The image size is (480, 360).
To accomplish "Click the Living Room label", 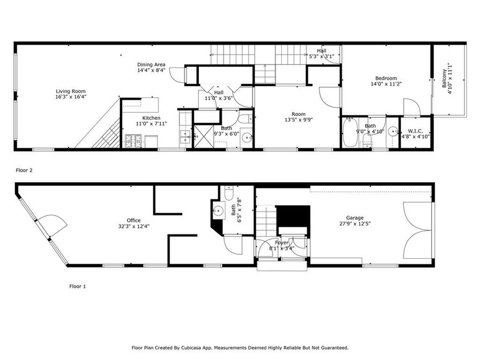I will [x=71, y=91].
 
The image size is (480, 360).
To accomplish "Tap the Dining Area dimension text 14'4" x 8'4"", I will [x=151, y=71].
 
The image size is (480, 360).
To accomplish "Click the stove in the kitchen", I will [x=133, y=139].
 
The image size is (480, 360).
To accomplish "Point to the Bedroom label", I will [x=386, y=78].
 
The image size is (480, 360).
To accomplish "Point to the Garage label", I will [x=355, y=218].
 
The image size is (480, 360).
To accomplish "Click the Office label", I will [x=134, y=221].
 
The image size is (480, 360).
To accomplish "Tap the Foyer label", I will [x=282, y=243].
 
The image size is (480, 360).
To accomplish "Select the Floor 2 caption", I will [x=23, y=170].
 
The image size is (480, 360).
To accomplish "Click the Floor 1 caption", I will [x=77, y=286].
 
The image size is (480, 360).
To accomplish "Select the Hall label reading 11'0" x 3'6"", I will [x=219, y=93].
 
